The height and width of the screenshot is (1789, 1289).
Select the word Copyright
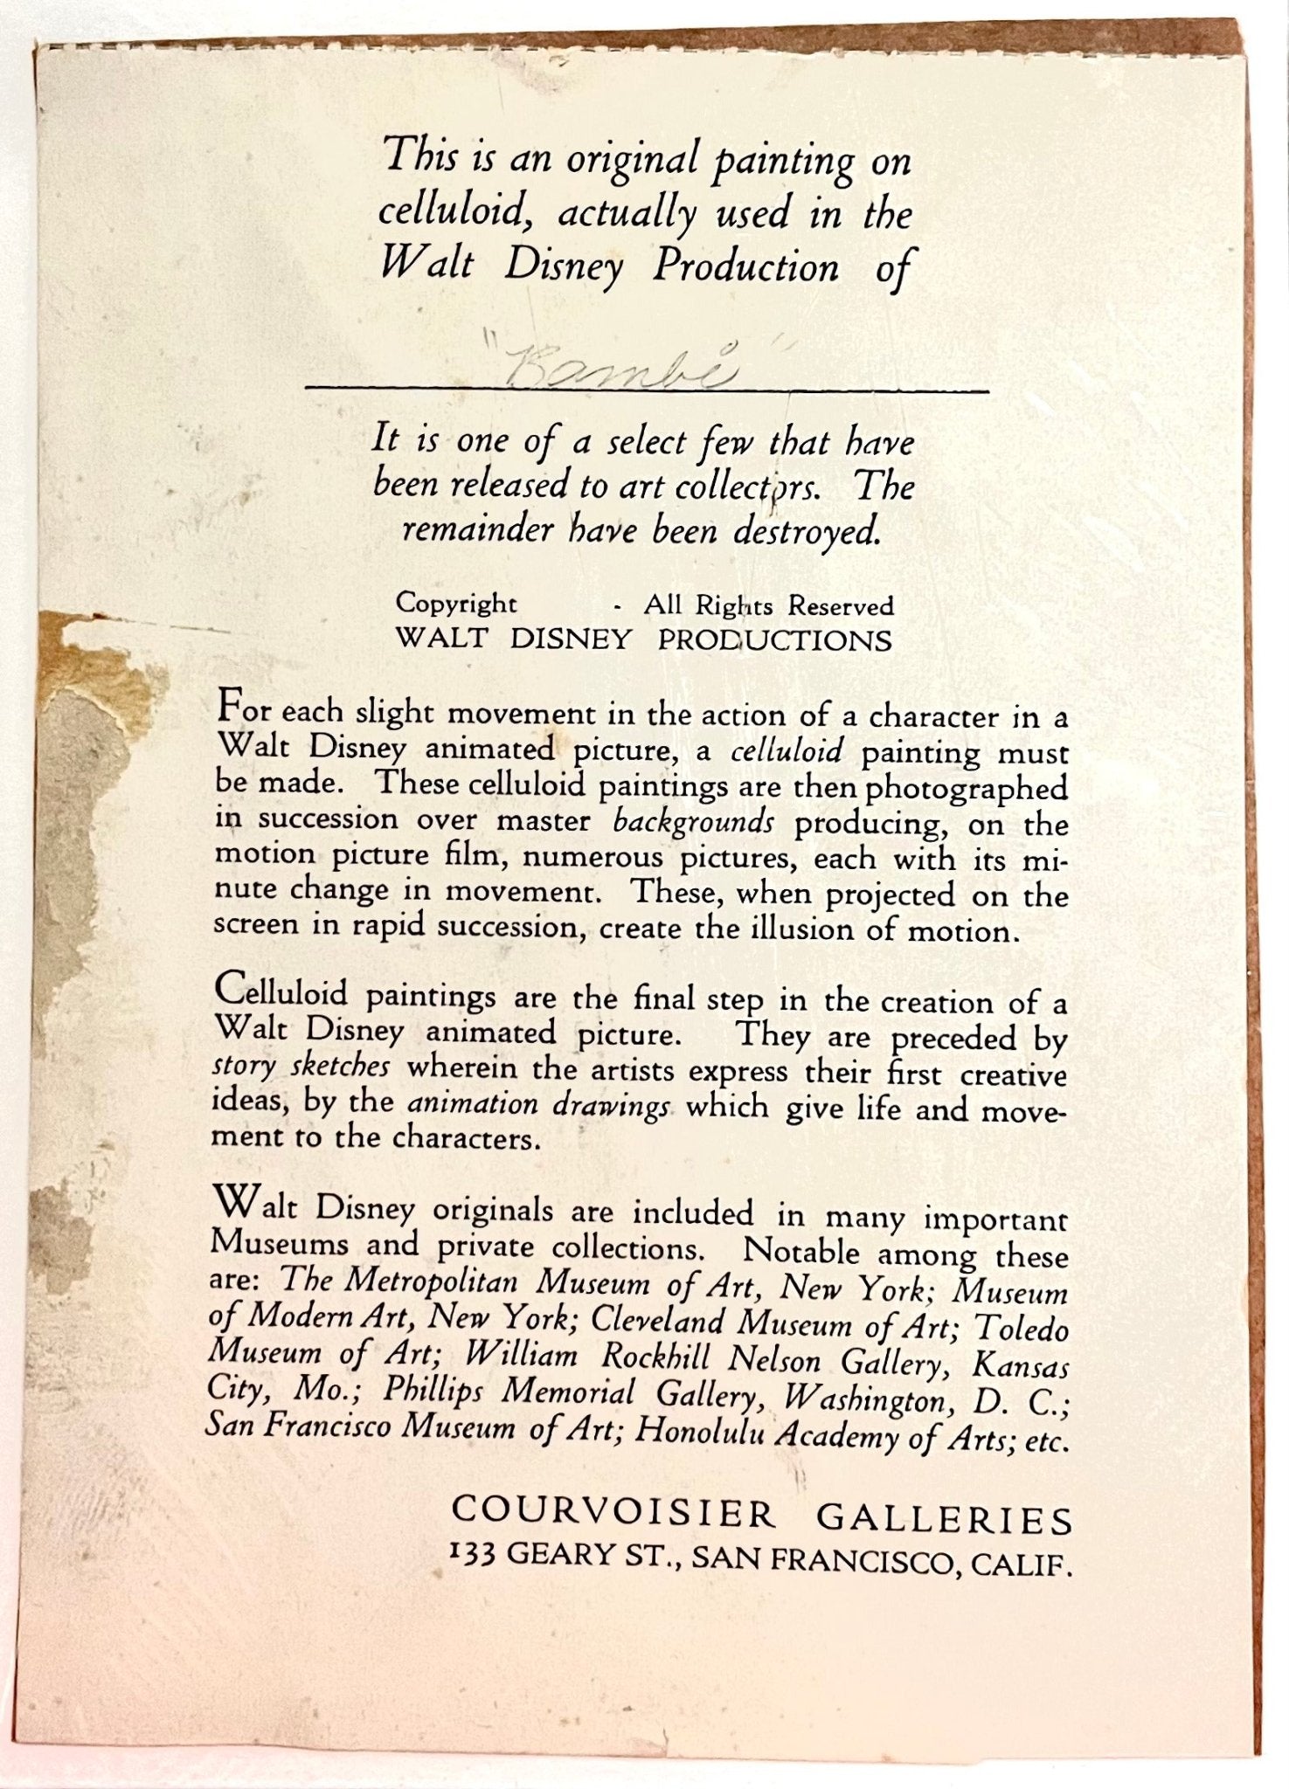pos(456,604)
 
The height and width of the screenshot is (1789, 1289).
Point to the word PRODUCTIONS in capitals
pos(775,640)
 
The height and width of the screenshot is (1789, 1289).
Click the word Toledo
pos(1022,1330)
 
